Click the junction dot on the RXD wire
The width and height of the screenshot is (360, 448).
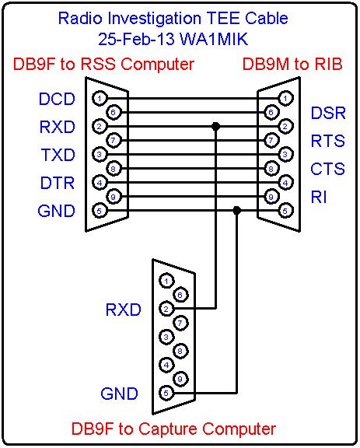[x=215, y=126]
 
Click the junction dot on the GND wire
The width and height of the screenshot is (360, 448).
[x=236, y=211]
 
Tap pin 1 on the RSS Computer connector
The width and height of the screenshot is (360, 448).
[x=100, y=99]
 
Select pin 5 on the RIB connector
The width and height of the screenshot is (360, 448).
[x=285, y=211]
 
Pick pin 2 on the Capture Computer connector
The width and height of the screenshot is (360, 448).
[x=166, y=309]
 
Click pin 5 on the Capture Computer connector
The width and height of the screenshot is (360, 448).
[x=166, y=393]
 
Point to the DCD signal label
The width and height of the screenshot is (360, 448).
[x=57, y=99]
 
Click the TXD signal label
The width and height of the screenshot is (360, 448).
[x=58, y=155]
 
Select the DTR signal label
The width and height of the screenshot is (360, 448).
[x=58, y=183]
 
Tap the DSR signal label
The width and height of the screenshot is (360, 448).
[x=328, y=113]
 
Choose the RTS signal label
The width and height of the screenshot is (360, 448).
[x=327, y=141]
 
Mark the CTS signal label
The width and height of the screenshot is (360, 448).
[x=327, y=169]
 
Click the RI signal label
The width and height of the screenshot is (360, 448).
[x=319, y=197]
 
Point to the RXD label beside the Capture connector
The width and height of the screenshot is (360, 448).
[x=124, y=310]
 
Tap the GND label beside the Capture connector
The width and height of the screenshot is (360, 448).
[x=119, y=394]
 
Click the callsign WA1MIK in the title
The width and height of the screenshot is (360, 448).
[x=214, y=39]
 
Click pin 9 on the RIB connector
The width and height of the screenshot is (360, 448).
[x=271, y=197]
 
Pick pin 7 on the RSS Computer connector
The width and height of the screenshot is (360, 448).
[x=114, y=141]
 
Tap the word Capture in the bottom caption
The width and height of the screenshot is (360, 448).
[x=170, y=429]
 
